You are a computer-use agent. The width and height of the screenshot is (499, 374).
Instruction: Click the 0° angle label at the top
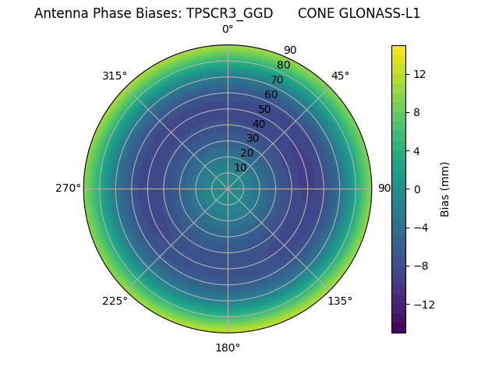pyautogui.click(x=228, y=30)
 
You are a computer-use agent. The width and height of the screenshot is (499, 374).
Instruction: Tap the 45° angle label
pyautogui.click(x=340, y=76)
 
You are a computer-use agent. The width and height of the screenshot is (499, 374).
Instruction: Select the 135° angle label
pyautogui.click(x=340, y=301)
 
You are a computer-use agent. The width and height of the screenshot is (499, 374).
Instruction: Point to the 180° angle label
pyautogui.click(x=228, y=348)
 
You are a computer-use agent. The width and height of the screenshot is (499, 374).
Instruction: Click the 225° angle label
pyautogui.click(x=115, y=301)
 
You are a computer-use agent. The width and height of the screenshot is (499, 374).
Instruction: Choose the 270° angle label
pyautogui.click(x=68, y=188)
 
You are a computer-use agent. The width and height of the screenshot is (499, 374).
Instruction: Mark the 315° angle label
pyautogui.click(x=115, y=76)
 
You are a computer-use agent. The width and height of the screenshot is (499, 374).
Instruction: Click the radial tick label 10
pyautogui.click(x=240, y=168)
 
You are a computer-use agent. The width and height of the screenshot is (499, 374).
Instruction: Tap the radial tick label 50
pyautogui.click(x=265, y=109)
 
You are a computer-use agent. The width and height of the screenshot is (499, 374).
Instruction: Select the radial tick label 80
pyautogui.click(x=284, y=65)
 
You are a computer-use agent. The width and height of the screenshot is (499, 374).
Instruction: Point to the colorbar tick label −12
pyautogui.click(x=423, y=304)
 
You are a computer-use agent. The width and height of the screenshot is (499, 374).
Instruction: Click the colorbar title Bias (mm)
pyautogui.click(x=445, y=189)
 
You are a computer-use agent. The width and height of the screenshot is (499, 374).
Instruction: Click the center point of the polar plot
pyautogui.click(x=228, y=189)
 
